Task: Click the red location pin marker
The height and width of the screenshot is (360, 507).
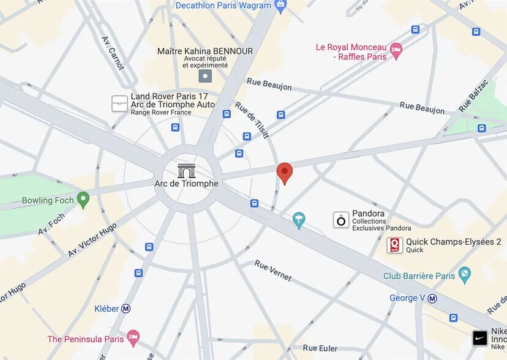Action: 284,173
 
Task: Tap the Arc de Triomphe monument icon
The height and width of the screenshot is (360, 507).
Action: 186,170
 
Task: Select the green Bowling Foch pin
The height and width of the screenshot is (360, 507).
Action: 83,200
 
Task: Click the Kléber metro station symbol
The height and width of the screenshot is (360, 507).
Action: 126,309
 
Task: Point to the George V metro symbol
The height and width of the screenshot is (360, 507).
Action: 432,298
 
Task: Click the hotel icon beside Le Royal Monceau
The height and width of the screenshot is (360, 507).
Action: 396,51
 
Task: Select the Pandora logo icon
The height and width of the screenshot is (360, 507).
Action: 341,220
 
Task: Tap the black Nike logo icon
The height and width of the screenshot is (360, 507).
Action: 480,338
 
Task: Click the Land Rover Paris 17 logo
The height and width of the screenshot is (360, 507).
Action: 119,103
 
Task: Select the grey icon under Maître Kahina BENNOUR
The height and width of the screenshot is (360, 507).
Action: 205,76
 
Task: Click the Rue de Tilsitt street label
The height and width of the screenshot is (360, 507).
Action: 252,119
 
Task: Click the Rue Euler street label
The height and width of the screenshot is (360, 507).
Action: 319,348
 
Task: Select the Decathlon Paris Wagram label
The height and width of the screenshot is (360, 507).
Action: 223,6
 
